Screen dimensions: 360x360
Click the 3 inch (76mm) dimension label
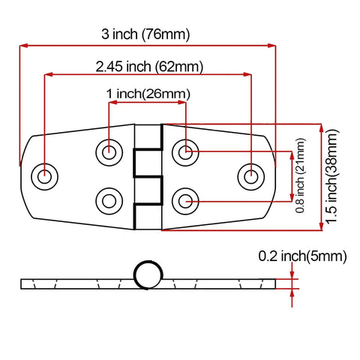click(x=145, y=34)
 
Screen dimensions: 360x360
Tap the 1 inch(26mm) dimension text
click(x=147, y=94)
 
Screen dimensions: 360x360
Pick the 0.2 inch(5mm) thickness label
click(x=302, y=256)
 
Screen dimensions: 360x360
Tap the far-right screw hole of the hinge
click(x=250, y=177)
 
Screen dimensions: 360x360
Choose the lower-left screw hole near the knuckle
click(x=109, y=200)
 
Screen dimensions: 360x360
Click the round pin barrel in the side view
click(x=148, y=274)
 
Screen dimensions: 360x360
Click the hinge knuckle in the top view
click(x=148, y=177)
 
